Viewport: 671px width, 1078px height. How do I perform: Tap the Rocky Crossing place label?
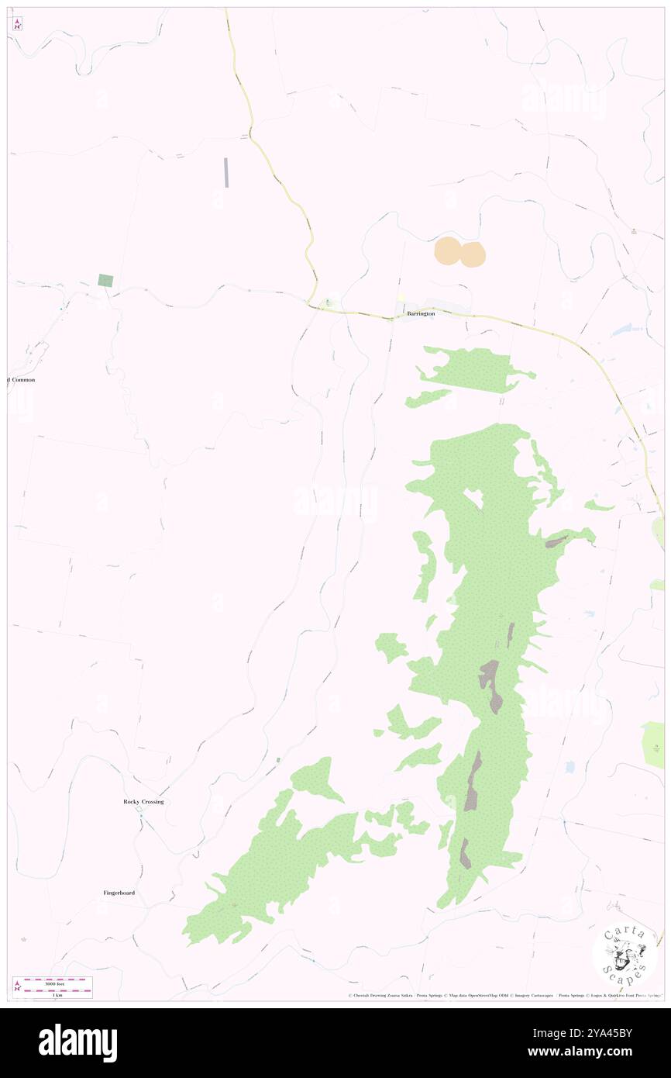(143, 801)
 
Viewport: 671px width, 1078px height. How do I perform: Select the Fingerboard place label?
(119, 893)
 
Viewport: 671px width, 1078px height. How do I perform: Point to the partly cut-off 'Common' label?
(22, 380)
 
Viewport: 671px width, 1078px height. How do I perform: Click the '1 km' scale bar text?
(54, 994)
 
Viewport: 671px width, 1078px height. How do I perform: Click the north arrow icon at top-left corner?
(17, 23)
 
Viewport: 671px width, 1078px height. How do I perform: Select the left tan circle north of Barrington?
(447, 251)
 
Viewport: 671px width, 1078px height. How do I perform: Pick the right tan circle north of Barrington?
(473, 254)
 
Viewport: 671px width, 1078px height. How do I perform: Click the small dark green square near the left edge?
(105, 281)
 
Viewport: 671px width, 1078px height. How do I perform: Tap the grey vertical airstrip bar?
(226, 172)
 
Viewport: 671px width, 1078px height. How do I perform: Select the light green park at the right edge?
(653, 745)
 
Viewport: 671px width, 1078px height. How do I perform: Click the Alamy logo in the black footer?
(77, 1043)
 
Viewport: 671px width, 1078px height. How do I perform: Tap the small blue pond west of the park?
(570, 767)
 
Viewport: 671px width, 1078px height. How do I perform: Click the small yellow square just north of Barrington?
(401, 298)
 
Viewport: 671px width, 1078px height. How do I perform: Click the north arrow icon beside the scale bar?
(17, 986)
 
